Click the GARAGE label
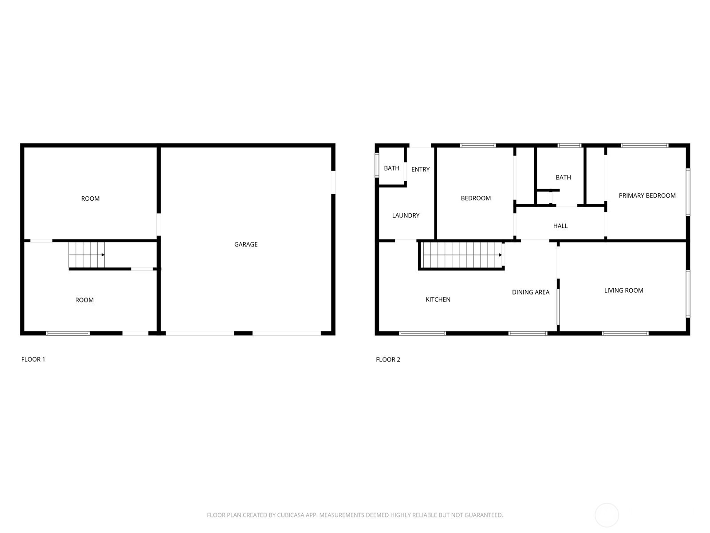coord(246,244)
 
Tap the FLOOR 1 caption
coord(33,359)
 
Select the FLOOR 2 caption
coord(388,359)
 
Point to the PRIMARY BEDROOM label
coord(647,195)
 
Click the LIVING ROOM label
coord(623,290)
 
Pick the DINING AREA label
coord(530,292)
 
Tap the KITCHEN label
coord(438,300)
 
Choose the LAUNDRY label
coord(406,215)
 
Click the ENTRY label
coord(421,169)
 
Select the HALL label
coord(560,226)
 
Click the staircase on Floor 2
coord(462,255)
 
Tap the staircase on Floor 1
coord(87,255)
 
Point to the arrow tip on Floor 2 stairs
coord(501,255)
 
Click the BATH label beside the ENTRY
coord(391,168)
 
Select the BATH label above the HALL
coord(563,177)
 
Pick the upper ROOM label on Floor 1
coord(90,199)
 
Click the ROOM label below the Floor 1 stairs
coord(84,300)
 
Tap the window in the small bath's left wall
coord(377,165)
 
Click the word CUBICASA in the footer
coord(291,515)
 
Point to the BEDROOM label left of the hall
coord(476,198)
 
